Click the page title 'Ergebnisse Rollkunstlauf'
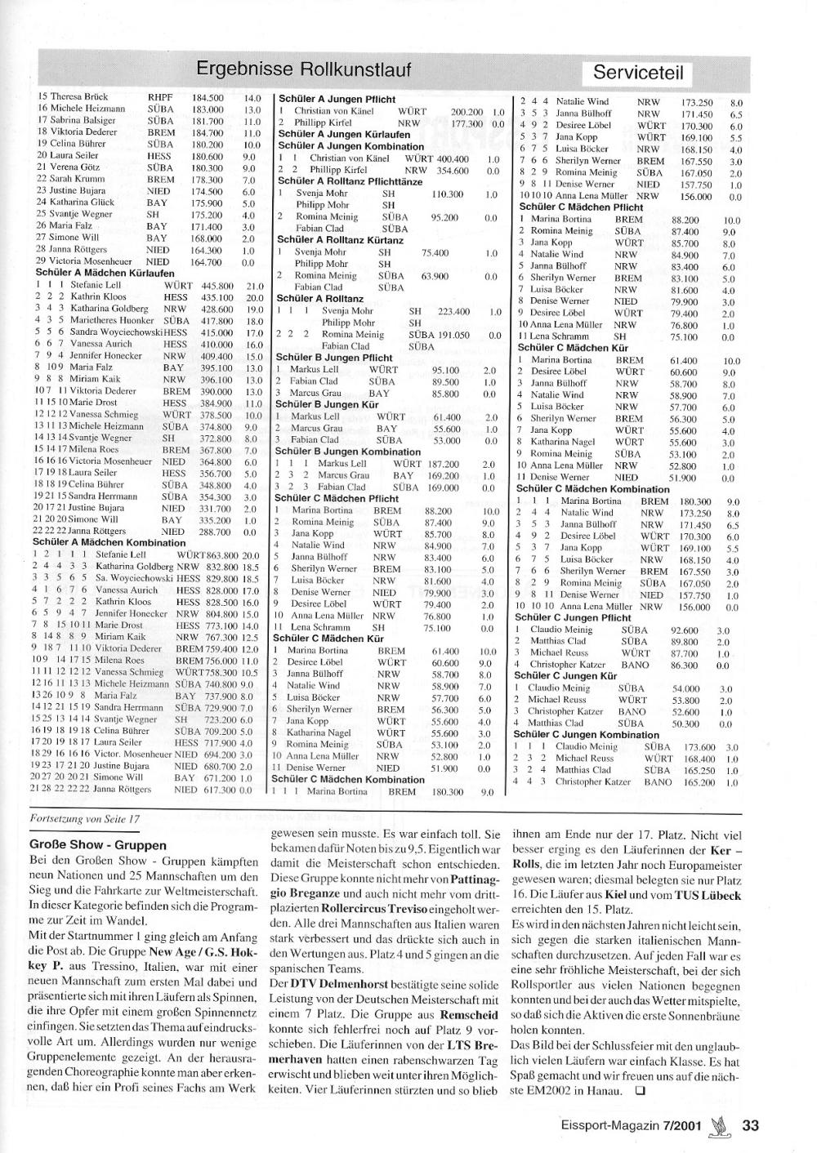click(304, 68)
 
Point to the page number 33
click(751, 1125)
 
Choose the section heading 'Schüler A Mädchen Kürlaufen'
click(103, 273)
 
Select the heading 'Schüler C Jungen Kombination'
click(586, 735)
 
